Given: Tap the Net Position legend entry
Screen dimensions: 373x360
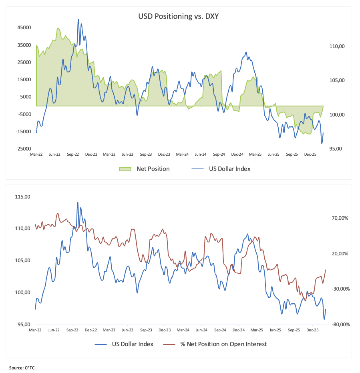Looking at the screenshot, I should coord(153,169).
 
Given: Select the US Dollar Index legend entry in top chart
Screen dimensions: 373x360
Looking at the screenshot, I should coord(229,169).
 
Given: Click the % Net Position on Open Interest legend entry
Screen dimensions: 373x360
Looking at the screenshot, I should coord(223,344).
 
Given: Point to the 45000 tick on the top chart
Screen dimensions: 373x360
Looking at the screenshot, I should coord(24,28).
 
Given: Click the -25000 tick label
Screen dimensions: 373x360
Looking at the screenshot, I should coord(23,149).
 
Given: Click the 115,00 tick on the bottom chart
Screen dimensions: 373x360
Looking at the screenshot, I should coord(23,197).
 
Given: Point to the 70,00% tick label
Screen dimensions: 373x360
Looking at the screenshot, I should coord(338,218).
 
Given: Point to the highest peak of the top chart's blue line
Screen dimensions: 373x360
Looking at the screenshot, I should coord(78,20).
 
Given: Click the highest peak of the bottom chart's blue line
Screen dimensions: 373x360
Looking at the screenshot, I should coord(78,202).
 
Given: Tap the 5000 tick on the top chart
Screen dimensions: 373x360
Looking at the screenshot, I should coord(25,97).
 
